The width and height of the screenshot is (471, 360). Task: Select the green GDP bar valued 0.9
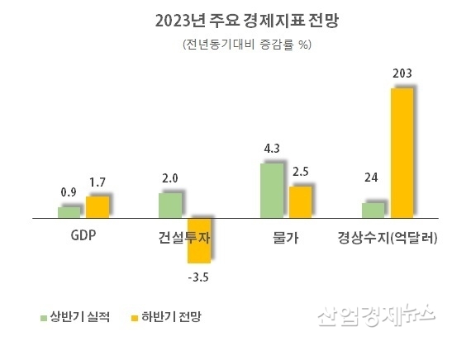69,212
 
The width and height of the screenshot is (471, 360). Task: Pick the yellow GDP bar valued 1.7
98,207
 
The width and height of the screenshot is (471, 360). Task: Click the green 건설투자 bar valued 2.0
169,206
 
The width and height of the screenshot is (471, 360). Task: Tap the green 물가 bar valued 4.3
271,191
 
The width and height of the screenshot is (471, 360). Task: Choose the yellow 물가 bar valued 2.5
300,202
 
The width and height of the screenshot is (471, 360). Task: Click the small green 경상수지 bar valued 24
373,211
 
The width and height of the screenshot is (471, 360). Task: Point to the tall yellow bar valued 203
402,154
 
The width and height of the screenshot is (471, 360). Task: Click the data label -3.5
198,276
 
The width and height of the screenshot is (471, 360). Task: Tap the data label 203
402,75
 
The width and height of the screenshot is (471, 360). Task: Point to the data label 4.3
272,149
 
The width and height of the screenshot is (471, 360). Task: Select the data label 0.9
69,192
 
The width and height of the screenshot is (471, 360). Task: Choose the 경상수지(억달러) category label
388,238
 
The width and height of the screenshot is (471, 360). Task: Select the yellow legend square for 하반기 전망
132,316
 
